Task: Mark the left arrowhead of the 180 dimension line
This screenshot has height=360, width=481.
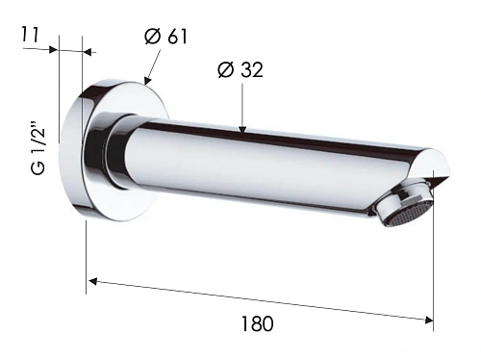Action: [93, 281]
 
